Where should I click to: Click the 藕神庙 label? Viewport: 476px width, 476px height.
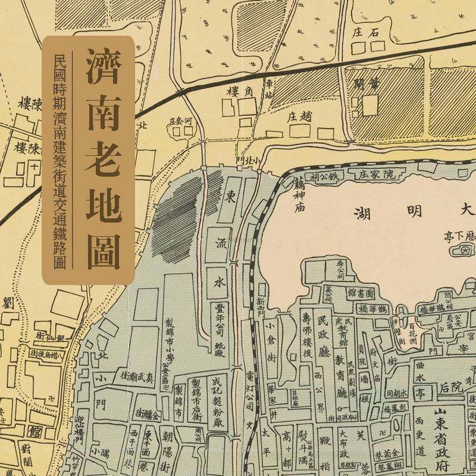(300, 197)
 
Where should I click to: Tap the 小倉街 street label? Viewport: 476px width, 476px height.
(271, 342)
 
